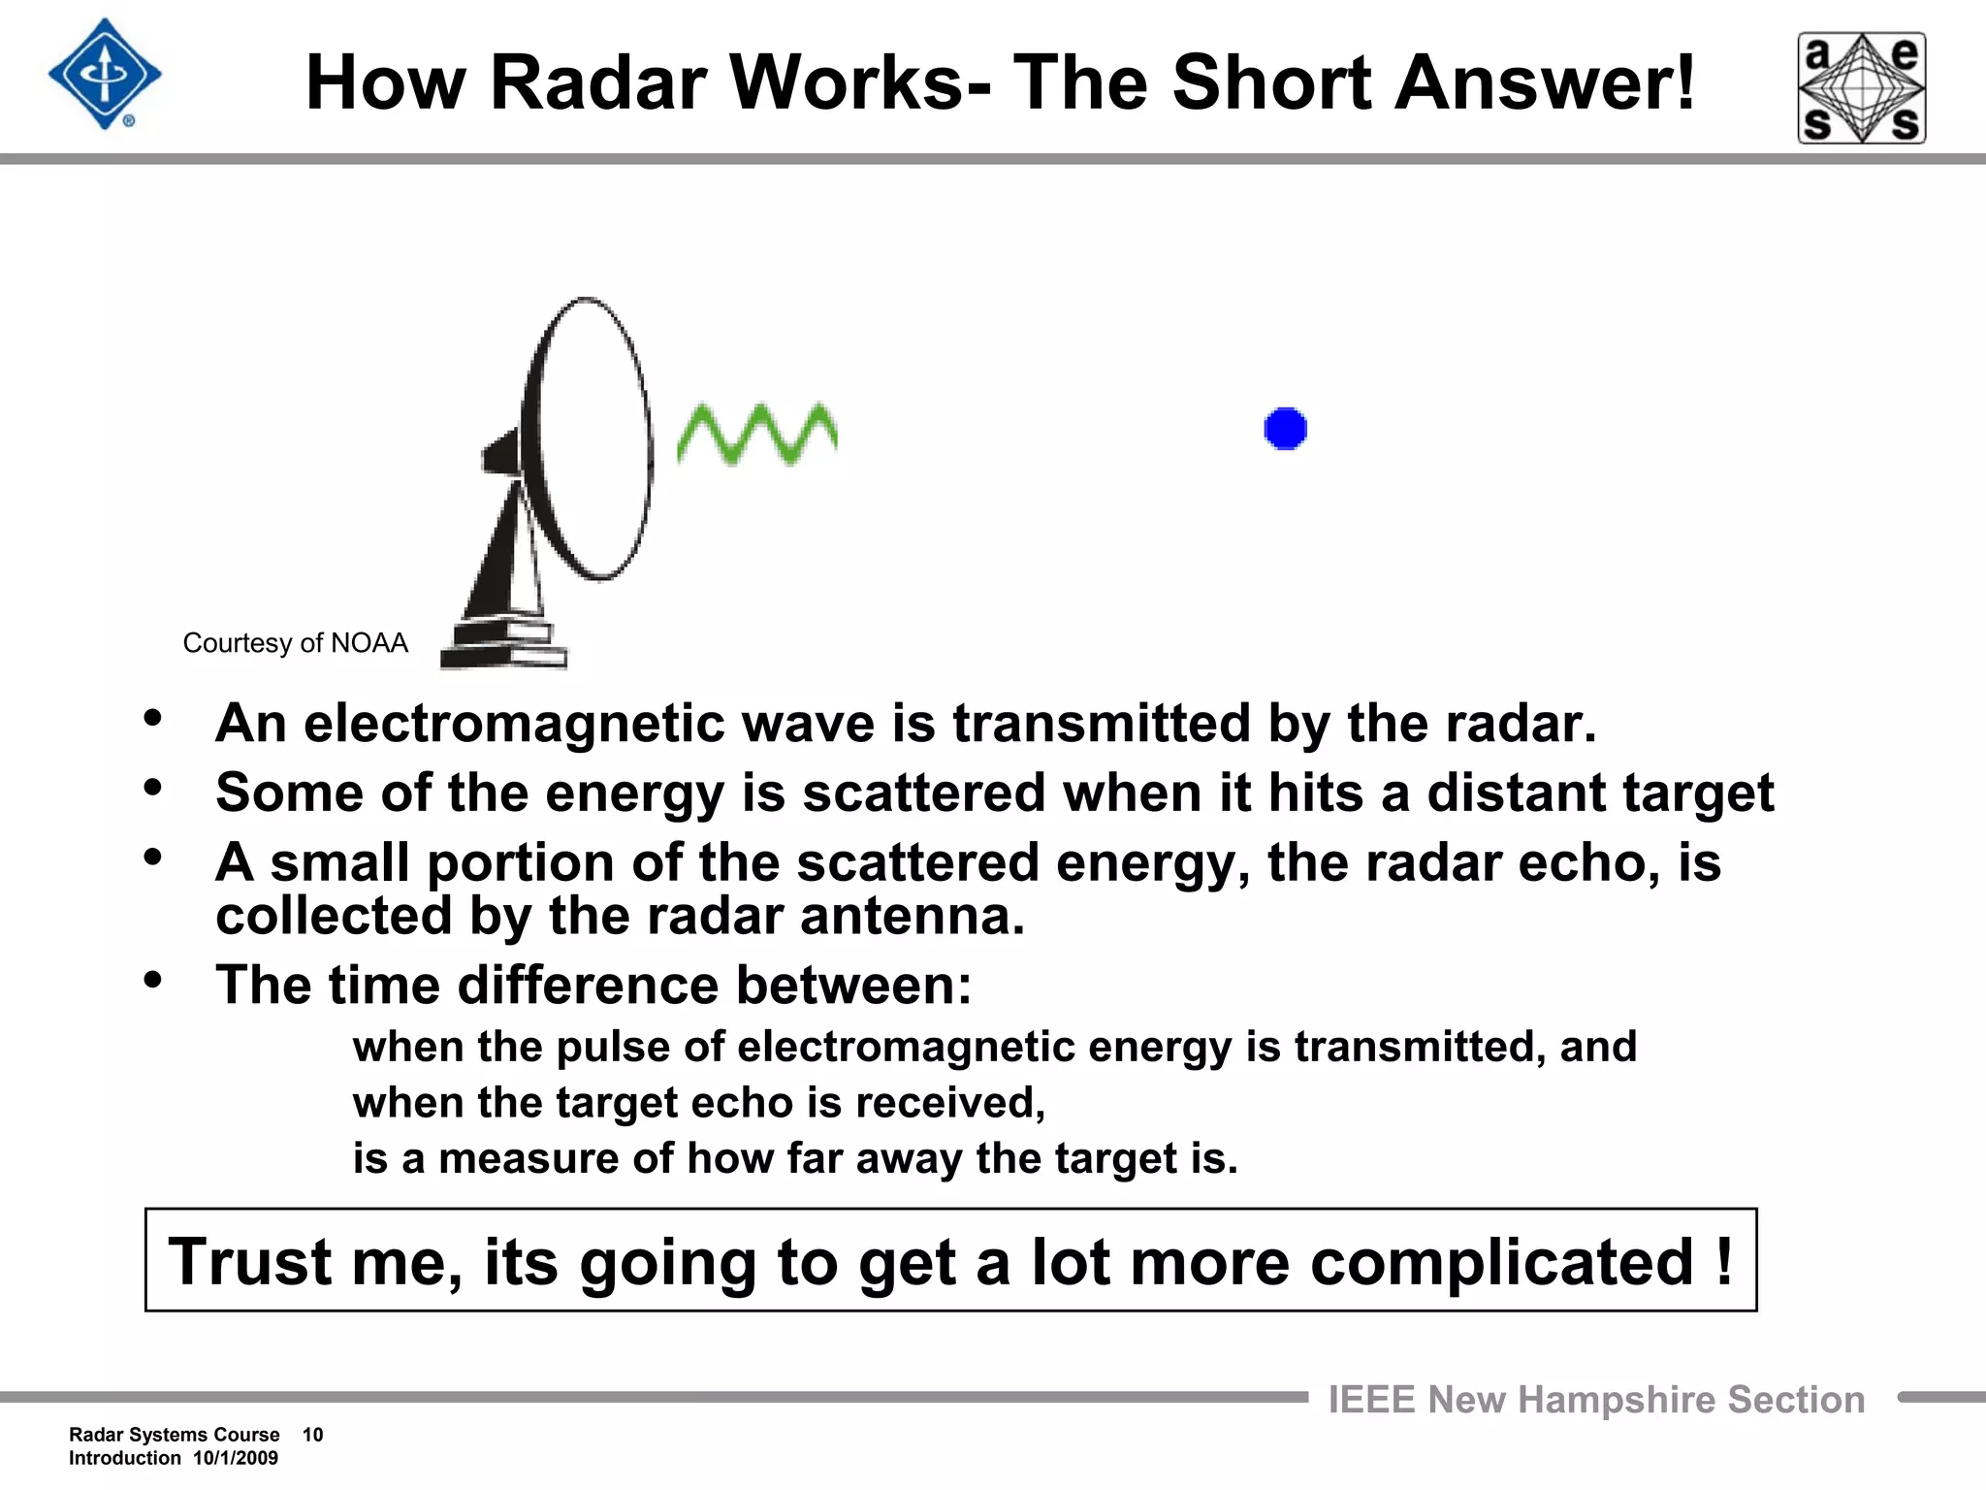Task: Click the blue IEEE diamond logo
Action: (x=105, y=75)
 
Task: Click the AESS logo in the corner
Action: (x=1862, y=88)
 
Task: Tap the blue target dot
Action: (x=1286, y=429)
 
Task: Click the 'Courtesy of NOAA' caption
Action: (x=295, y=643)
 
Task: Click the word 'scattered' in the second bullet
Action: (x=924, y=794)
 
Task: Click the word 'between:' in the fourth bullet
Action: (x=853, y=986)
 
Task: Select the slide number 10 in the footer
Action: (x=312, y=1435)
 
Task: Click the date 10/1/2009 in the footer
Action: (x=236, y=1458)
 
